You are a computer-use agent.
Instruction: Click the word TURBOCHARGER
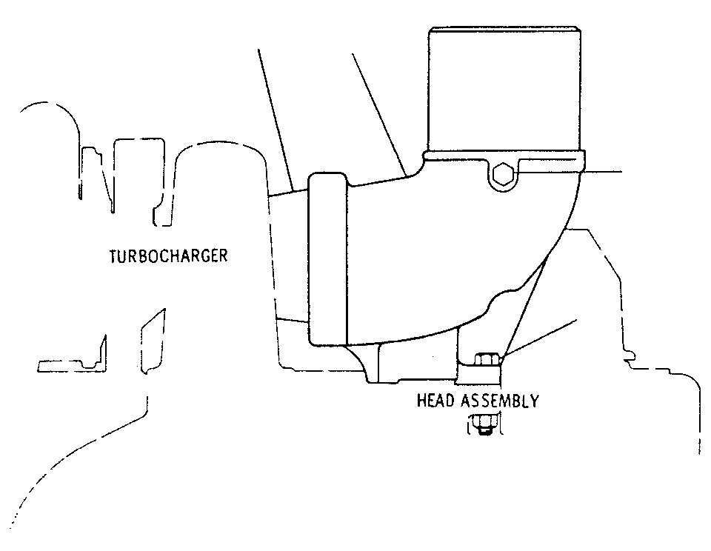click(168, 256)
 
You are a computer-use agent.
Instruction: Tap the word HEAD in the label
click(437, 401)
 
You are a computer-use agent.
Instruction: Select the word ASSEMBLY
click(501, 401)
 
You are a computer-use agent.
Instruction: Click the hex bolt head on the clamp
click(502, 174)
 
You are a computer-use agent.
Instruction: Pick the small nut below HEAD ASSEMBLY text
click(484, 425)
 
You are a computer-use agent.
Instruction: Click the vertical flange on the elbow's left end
click(327, 259)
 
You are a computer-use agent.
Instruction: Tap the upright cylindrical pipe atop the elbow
click(504, 90)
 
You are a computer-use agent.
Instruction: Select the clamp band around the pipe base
click(504, 162)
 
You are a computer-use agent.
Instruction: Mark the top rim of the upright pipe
click(504, 30)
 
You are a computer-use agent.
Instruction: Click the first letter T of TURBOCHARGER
click(114, 256)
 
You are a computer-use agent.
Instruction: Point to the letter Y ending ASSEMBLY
click(535, 401)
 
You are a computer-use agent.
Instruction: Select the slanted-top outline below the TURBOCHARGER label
click(153, 341)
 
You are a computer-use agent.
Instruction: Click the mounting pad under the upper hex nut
click(479, 374)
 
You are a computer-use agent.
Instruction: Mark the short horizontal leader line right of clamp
click(603, 172)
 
